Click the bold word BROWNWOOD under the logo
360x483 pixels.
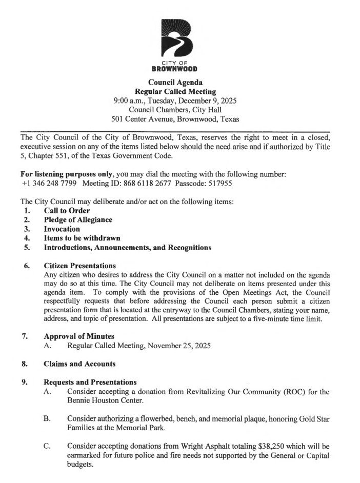point(175,69)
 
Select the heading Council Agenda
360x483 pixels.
point(175,82)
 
